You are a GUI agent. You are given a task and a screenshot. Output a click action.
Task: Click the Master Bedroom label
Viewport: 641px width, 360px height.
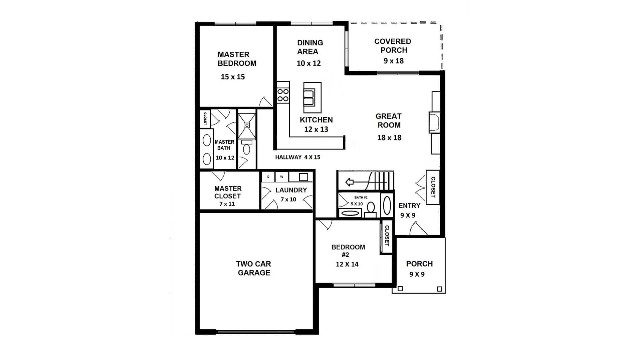[237, 59]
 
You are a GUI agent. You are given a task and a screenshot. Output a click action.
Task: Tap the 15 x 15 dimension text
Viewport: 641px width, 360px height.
[233, 77]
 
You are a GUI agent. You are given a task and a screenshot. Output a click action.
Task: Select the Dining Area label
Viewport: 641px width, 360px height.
[309, 47]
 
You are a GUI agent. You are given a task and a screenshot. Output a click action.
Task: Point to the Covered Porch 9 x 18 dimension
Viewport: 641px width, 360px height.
[394, 61]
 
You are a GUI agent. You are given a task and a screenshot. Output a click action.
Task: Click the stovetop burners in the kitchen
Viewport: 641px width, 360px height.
[283, 95]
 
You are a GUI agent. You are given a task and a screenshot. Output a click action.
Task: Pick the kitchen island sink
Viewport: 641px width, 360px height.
[309, 97]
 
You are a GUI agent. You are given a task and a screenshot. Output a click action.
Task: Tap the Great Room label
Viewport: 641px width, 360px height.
[389, 120]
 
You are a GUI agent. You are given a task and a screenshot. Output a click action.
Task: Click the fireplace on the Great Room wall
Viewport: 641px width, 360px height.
[434, 122]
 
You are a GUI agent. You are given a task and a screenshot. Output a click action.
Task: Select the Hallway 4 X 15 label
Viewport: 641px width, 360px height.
[297, 157]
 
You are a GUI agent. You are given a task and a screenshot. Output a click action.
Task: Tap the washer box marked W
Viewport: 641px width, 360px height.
[282, 177]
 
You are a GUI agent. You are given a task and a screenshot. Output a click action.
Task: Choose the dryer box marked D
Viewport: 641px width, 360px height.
[268, 177]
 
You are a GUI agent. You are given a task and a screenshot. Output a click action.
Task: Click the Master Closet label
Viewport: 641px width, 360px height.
[228, 192]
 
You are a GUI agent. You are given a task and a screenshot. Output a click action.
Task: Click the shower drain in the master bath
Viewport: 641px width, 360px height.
[247, 125]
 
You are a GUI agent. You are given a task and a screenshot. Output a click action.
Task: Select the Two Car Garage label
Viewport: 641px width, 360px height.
[254, 268]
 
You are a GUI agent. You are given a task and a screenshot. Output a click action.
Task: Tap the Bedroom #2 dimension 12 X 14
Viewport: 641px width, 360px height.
[347, 264]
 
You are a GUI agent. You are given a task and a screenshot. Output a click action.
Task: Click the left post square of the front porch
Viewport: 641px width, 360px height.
[400, 289]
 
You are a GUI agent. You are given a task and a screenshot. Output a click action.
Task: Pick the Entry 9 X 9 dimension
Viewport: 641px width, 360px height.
[408, 215]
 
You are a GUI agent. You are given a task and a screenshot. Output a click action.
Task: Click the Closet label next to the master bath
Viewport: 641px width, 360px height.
[205, 118]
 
